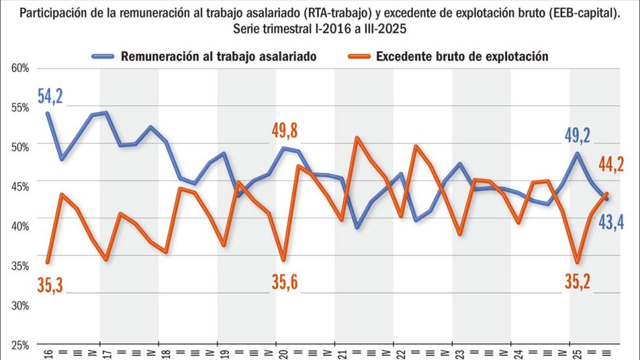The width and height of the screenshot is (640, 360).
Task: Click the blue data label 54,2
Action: coord(50,97)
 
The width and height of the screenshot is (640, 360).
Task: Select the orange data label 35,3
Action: coord(50,283)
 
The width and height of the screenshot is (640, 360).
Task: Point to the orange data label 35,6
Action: coord(284,283)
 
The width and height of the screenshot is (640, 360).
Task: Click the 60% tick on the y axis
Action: coord(20,68)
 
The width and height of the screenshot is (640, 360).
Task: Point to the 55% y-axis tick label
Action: coord(20,108)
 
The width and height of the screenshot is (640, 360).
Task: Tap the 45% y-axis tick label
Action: coord(20,187)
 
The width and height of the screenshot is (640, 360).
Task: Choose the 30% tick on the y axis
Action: coord(20,305)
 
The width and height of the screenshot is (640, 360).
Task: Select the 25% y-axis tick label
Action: coord(20,344)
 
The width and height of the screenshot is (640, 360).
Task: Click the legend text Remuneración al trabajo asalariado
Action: coord(219,56)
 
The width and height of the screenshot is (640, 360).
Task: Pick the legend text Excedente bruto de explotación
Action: coord(462,56)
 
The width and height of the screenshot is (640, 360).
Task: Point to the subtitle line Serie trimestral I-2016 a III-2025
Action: coord(320,29)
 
